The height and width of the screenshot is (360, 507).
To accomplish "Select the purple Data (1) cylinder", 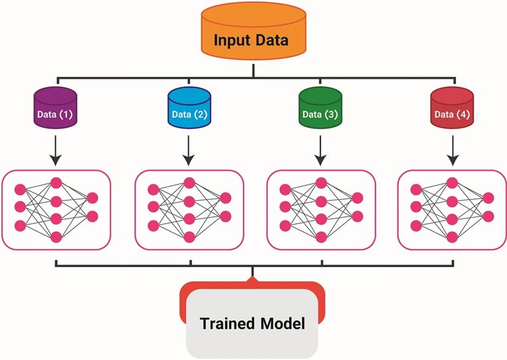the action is (55, 108).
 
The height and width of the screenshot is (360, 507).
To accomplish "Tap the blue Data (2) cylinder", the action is (189, 108).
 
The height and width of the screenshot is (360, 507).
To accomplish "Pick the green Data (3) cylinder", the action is (320, 108).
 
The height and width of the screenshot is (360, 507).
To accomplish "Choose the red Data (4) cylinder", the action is (452, 108).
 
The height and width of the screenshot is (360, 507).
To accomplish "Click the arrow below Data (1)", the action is (56, 151).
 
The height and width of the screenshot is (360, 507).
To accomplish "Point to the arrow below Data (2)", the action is (188, 151).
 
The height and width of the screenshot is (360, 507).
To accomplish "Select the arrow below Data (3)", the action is (320, 151).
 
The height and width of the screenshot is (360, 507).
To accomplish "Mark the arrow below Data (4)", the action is (453, 151).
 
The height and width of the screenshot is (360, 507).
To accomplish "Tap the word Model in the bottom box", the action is (282, 323).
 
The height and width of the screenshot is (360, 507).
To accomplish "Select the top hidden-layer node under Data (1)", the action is (56, 183).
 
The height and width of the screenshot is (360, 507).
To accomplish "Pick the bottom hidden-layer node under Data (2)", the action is (190, 237).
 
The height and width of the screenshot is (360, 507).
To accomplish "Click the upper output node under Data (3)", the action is (357, 198).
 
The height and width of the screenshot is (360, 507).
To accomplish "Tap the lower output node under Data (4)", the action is (488, 216).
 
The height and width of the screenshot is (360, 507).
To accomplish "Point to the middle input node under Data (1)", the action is (20, 206).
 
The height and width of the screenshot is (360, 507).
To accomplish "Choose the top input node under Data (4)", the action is (416, 190).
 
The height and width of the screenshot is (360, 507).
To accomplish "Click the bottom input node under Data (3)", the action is (285, 225).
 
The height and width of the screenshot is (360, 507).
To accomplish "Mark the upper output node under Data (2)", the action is (225, 198).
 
